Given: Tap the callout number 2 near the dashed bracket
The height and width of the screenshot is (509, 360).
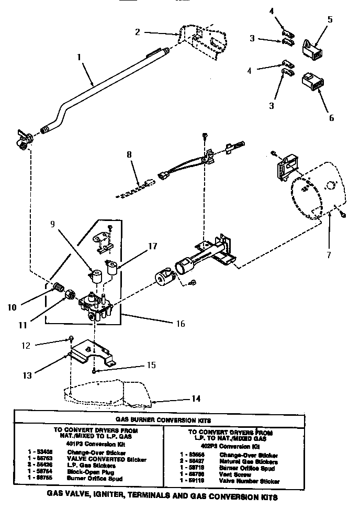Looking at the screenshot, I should (x=137, y=32).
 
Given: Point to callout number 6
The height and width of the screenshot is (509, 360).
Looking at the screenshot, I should (x=331, y=117).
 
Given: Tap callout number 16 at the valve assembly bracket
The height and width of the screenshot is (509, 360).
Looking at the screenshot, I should (x=180, y=324).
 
